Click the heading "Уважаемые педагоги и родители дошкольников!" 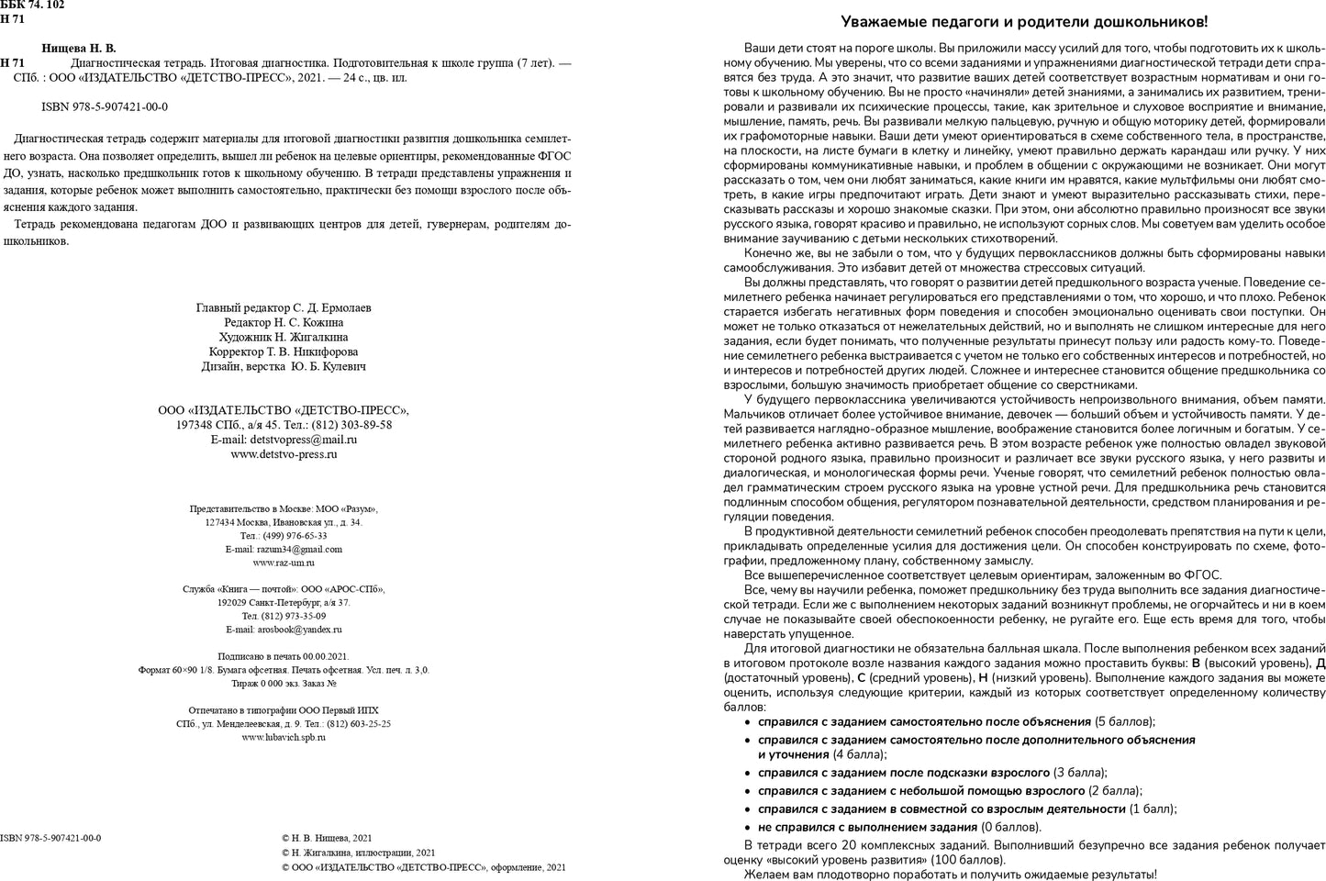click(x=1024, y=22)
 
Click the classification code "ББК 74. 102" click(x=33, y=6)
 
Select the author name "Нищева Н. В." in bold click(x=79, y=48)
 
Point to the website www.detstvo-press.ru click(x=284, y=453)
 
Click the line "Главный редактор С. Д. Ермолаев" click(x=284, y=308)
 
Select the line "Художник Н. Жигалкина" click(x=284, y=338)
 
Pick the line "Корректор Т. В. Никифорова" click(x=284, y=351)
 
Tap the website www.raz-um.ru click(x=284, y=563)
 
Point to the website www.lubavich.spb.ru click(x=284, y=737)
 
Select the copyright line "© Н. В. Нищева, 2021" click(x=327, y=838)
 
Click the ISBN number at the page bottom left click(x=50, y=838)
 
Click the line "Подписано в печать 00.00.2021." click(x=284, y=656)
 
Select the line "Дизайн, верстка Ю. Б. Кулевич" click(x=284, y=366)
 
